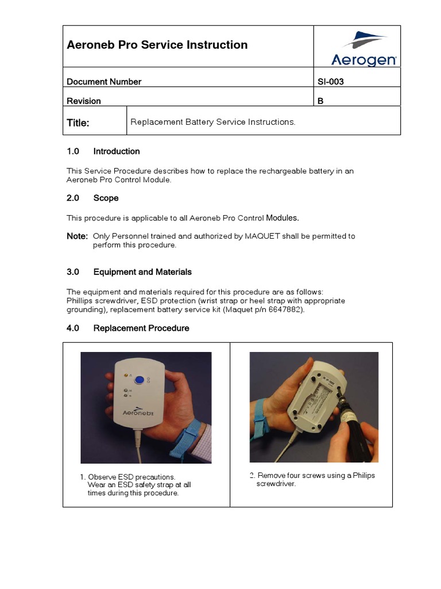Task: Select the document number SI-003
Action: click(330, 82)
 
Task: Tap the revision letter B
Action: click(320, 101)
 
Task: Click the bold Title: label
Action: click(78, 123)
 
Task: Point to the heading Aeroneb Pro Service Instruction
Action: click(157, 45)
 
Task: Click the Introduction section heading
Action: click(117, 151)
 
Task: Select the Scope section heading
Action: click(106, 198)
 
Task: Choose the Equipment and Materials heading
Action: click(142, 271)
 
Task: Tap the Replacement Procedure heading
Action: click(141, 328)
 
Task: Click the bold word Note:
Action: click(78, 236)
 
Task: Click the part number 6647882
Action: click(285, 309)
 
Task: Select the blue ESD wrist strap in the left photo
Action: click(193, 432)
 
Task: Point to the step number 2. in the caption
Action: click(252, 476)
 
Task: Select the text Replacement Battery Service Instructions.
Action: click(212, 122)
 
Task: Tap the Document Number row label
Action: click(104, 82)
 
